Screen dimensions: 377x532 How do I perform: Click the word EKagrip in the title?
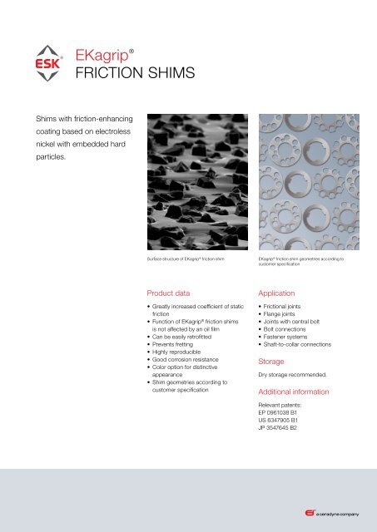click(x=102, y=55)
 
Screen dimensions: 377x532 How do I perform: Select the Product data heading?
click(x=171, y=294)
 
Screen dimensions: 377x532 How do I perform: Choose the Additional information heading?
click(x=305, y=391)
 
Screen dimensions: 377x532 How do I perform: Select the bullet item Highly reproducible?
click(x=182, y=351)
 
